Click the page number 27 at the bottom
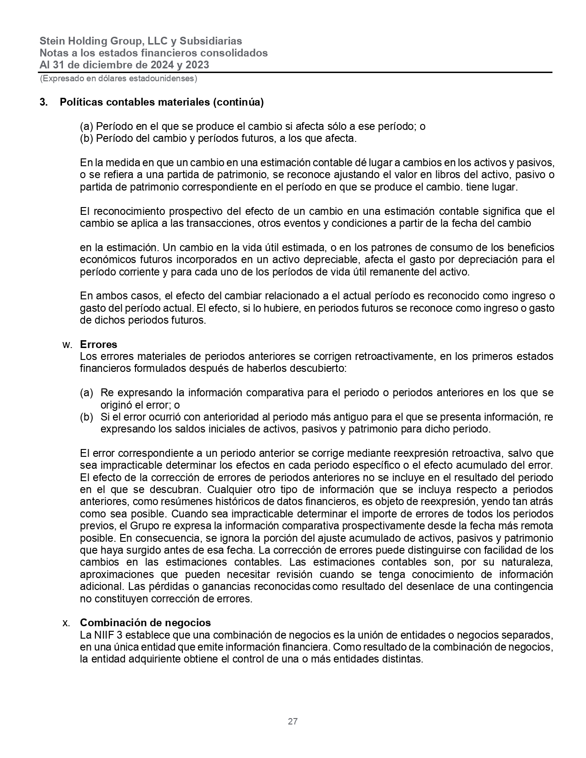293,721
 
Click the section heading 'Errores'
98,344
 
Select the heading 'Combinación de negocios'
145,623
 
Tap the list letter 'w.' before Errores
66,344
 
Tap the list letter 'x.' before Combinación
66,623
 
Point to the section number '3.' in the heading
44,102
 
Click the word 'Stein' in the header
52,41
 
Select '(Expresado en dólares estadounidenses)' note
118,79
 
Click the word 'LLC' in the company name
158,41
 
